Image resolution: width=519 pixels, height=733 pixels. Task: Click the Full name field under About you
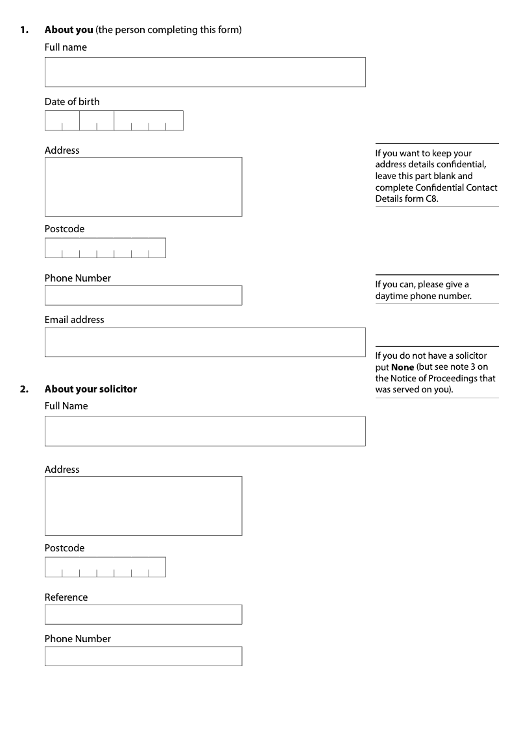pyautogui.click(x=205, y=72)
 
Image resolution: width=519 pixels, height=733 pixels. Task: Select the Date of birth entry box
pyautogui.click(x=114, y=121)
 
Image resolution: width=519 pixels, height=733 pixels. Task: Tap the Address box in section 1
pyautogui.click(x=143, y=187)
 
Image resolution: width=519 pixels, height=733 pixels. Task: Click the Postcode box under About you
pyautogui.click(x=105, y=248)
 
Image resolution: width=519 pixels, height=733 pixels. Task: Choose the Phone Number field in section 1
pyautogui.click(x=143, y=295)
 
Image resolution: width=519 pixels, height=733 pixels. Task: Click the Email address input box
pyautogui.click(x=205, y=342)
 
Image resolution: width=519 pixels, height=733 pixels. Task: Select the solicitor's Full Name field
pyautogui.click(x=205, y=431)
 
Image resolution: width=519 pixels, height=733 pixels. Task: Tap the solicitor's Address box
pyautogui.click(x=143, y=506)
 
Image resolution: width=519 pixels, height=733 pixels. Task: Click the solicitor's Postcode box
pyautogui.click(x=105, y=567)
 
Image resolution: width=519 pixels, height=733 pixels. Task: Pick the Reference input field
pyautogui.click(x=143, y=614)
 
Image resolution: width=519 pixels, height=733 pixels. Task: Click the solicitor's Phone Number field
pyautogui.click(x=143, y=656)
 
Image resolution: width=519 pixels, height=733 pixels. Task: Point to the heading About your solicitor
pyautogui.click(x=91, y=389)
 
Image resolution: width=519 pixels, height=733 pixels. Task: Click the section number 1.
pyautogui.click(x=24, y=30)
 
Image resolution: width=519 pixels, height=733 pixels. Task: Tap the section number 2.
pyautogui.click(x=24, y=389)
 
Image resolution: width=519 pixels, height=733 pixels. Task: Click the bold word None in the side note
pyautogui.click(x=402, y=367)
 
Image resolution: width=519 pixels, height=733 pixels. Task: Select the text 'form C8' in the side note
pyautogui.click(x=425, y=199)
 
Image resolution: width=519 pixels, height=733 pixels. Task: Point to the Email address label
pyautogui.click(x=74, y=320)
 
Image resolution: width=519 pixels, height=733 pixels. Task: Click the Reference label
pyautogui.click(x=66, y=597)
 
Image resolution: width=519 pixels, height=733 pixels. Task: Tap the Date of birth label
pyautogui.click(x=72, y=102)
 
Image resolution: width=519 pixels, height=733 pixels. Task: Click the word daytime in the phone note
pyautogui.click(x=392, y=296)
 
